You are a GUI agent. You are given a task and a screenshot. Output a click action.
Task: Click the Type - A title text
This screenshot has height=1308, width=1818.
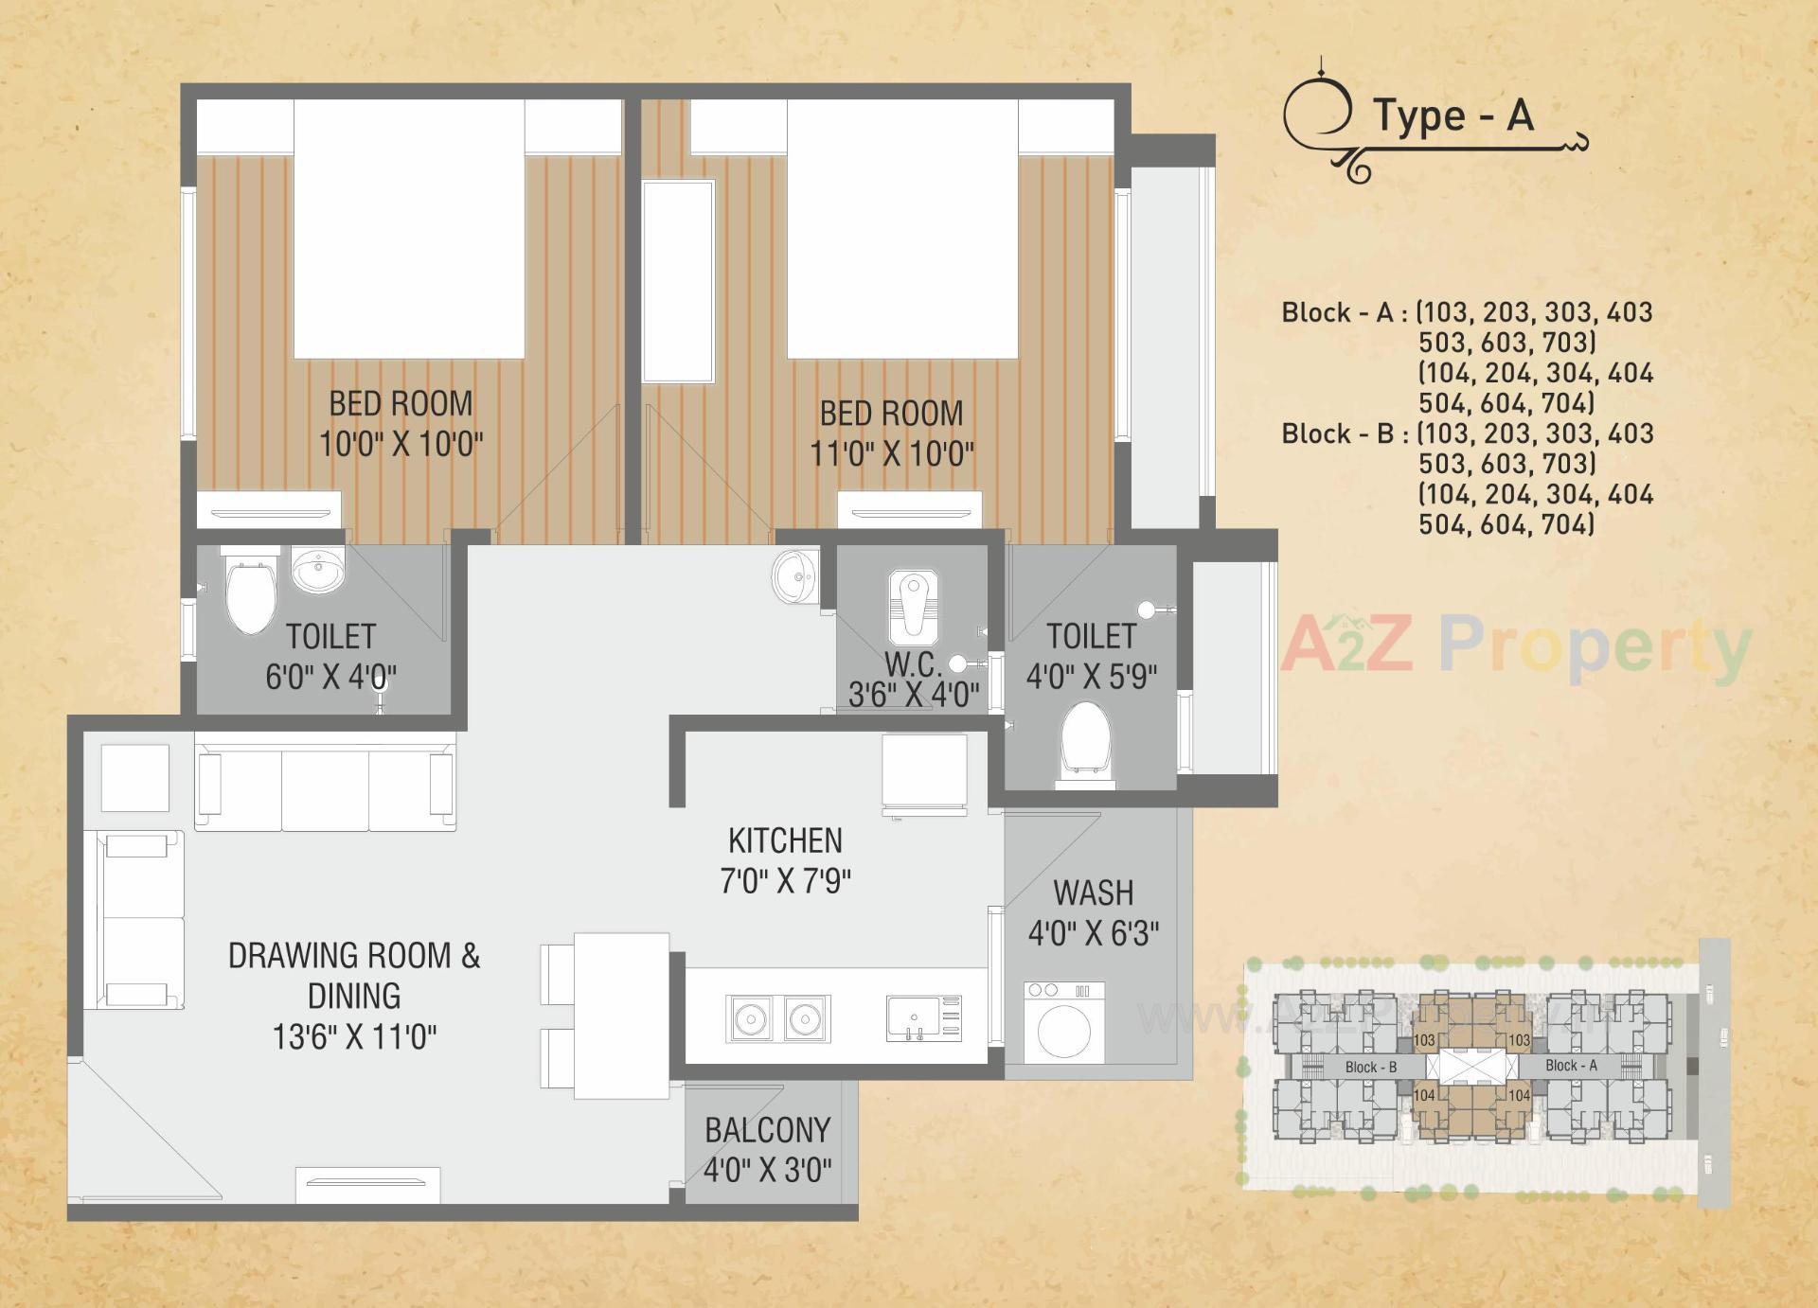click(x=1453, y=115)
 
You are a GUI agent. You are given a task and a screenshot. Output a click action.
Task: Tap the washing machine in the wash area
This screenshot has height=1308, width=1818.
click(x=1064, y=1023)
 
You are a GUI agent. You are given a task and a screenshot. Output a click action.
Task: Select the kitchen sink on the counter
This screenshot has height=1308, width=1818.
click(x=924, y=1018)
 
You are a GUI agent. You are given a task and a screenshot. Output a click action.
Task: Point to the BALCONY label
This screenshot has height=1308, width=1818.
click(x=767, y=1130)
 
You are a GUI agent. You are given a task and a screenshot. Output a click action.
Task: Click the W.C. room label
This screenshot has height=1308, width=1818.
click(x=913, y=663)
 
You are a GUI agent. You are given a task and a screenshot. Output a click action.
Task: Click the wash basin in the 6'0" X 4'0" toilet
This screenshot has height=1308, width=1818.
click(x=318, y=571)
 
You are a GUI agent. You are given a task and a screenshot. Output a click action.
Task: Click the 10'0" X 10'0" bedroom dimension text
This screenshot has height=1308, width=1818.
click(x=401, y=444)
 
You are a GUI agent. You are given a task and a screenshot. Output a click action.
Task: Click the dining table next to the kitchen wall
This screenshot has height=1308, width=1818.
click(x=621, y=1016)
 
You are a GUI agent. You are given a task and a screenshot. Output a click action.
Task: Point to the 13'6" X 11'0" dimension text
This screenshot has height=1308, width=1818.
click(x=354, y=1037)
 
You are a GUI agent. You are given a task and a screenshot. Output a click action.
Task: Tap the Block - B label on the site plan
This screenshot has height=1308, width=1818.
click(x=1370, y=1067)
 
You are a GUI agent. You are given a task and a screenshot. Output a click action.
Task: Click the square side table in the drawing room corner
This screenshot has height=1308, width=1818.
click(x=134, y=778)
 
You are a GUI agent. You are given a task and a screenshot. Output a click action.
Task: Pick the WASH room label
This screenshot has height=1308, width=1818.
click(x=1093, y=893)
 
